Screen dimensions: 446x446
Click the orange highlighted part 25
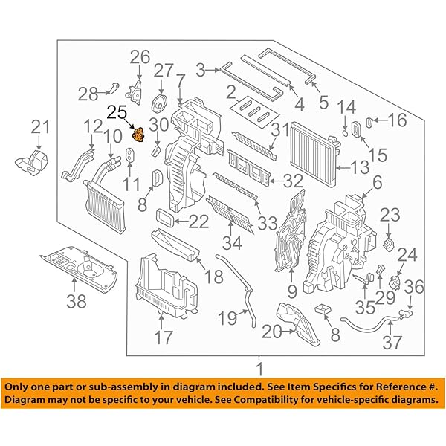coord(138,136)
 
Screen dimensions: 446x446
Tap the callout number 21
coord(39,128)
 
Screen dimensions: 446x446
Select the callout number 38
coord(77,302)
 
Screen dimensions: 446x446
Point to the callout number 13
coord(360,167)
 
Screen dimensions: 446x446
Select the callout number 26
coord(140,56)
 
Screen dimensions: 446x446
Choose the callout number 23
coord(390,215)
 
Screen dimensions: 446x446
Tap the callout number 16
coord(398,120)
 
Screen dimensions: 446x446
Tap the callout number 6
coord(377,181)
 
